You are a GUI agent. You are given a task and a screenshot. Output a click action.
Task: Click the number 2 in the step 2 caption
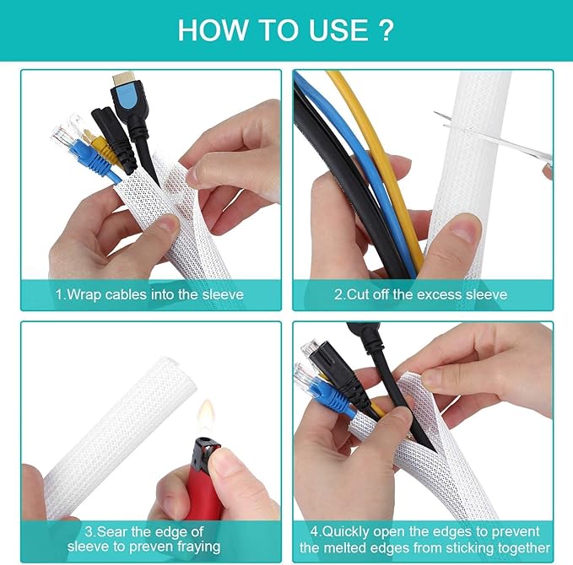point(339,294)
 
